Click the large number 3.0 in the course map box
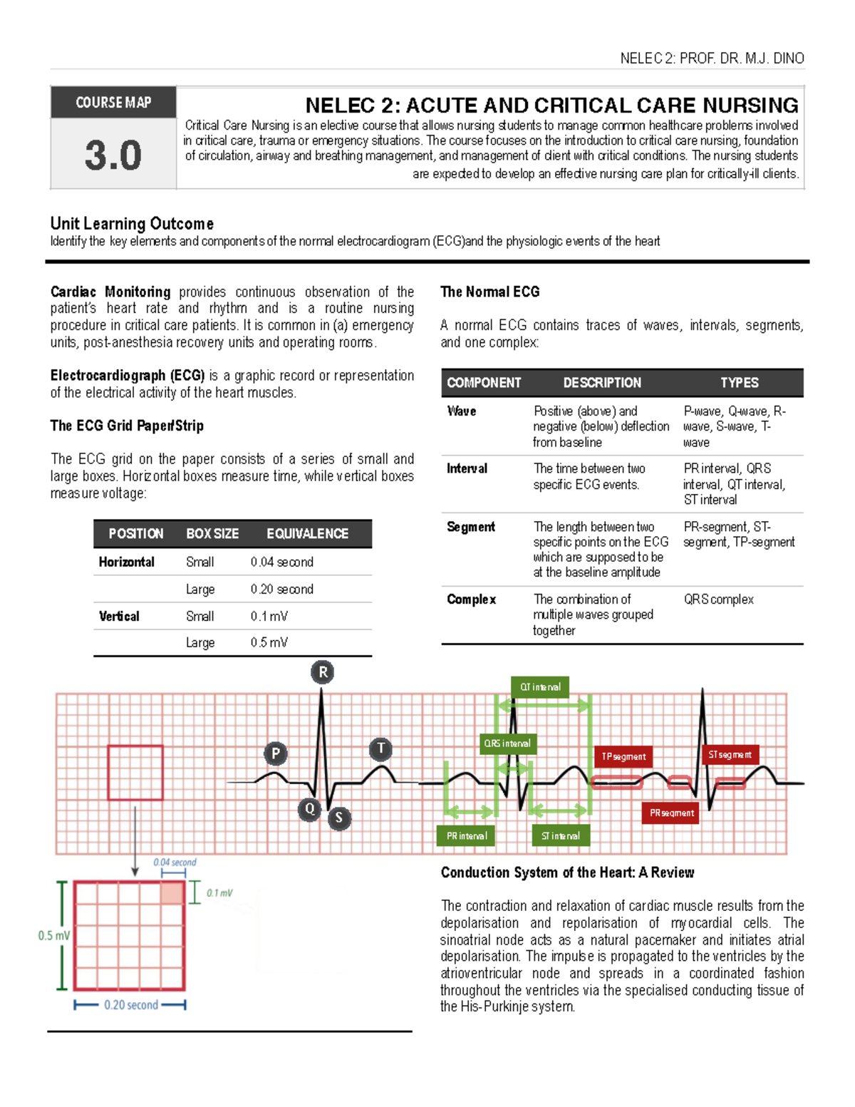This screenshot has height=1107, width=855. tap(113, 155)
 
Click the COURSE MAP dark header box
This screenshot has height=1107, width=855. tap(113, 103)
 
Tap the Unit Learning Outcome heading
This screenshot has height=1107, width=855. tap(132, 224)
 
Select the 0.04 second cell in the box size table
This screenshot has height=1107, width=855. tap(281, 562)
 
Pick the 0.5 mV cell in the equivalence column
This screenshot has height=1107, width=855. tap(269, 642)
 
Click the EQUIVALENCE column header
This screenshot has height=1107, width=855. tap(307, 534)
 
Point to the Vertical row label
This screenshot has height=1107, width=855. tap(119, 617)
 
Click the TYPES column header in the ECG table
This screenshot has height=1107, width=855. tap(739, 383)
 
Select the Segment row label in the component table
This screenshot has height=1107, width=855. tap(470, 527)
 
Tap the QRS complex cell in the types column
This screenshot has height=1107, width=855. tap(718, 599)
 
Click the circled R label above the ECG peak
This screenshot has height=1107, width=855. tap(323, 672)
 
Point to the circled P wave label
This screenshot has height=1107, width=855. tap(276, 753)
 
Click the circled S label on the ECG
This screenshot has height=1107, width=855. tap(339, 818)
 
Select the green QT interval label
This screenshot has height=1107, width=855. tap(540, 687)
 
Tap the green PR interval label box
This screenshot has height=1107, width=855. tap(467, 836)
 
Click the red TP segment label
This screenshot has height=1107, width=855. tap(623, 756)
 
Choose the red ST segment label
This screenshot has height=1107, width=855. tap(730, 754)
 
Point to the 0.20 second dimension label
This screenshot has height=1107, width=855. tap(131, 1005)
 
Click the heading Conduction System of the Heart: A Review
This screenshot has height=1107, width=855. tap(567, 872)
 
